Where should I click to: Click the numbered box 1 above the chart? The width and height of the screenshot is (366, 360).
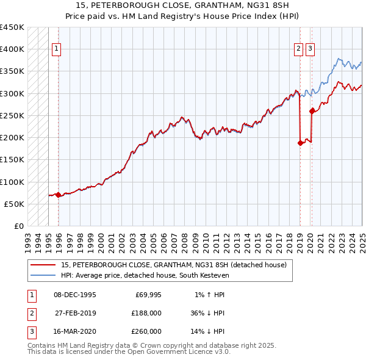56,49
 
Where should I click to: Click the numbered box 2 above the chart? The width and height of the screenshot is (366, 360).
298,49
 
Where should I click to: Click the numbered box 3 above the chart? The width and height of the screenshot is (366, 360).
310,49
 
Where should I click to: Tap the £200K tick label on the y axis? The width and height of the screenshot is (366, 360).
12,138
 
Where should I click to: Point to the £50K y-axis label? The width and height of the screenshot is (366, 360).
14,204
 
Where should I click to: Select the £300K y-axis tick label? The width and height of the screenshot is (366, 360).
12,93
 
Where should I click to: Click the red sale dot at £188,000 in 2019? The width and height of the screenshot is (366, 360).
300,143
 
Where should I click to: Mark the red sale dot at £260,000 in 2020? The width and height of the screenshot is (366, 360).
312,111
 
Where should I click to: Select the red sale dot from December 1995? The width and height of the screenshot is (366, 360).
58,195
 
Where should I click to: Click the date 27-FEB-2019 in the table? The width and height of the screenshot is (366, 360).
75,313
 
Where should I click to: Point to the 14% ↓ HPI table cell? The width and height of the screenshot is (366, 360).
207,331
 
